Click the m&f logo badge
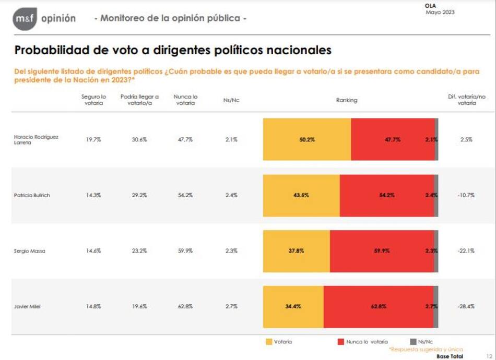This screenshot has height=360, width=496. pyautogui.click(x=25, y=19)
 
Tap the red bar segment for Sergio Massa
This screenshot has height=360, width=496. pyautogui.click(x=382, y=250)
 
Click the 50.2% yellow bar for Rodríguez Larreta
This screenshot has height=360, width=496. pyautogui.click(x=307, y=139)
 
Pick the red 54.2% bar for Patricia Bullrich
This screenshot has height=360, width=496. pyautogui.click(x=387, y=195)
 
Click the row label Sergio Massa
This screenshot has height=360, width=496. pyautogui.click(x=29, y=251)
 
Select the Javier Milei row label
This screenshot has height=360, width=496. pyautogui.click(x=27, y=307)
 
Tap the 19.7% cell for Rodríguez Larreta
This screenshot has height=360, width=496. pyautogui.click(x=93, y=139)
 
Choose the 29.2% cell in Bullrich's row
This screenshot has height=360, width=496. pyautogui.click(x=139, y=195)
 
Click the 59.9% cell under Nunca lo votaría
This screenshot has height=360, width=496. pyautogui.click(x=185, y=251)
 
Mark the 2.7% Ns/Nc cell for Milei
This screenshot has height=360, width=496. pyautogui.click(x=231, y=307)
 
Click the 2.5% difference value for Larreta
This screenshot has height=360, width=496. pyautogui.click(x=466, y=139)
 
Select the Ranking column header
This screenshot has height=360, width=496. pyautogui.click(x=347, y=100)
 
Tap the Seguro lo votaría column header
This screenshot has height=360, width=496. pyautogui.click(x=94, y=100)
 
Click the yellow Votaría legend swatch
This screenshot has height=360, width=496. pyautogui.click(x=269, y=342)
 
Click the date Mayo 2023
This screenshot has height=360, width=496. pyautogui.click(x=440, y=12)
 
